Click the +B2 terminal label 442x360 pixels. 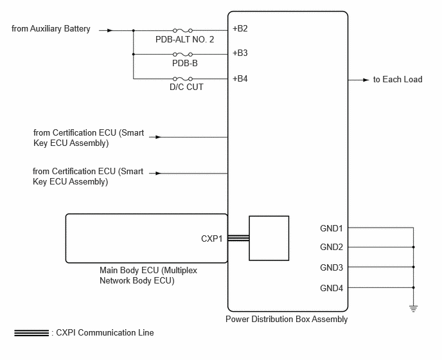(240, 28)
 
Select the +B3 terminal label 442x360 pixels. (240, 53)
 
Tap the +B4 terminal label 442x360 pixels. (240, 78)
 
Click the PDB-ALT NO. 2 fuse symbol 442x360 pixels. (182, 30)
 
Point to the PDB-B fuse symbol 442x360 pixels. (182, 54)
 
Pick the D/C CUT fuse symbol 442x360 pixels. (182, 78)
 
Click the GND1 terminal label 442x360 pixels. (331, 228)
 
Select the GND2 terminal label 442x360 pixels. (331, 247)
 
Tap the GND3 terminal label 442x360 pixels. (331, 267)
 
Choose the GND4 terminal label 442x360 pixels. (331, 288)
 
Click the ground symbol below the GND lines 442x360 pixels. (414, 309)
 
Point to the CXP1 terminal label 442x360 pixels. (212, 239)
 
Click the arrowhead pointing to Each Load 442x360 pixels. (366, 80)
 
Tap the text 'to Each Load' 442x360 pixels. (398, 79)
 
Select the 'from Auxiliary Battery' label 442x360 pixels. (51, 29)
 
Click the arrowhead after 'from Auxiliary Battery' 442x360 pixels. (110, 30)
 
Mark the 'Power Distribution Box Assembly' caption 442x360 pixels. (287, 319)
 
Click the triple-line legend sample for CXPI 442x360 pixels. (31, 333)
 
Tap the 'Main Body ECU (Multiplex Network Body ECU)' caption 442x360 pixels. (148, 275)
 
